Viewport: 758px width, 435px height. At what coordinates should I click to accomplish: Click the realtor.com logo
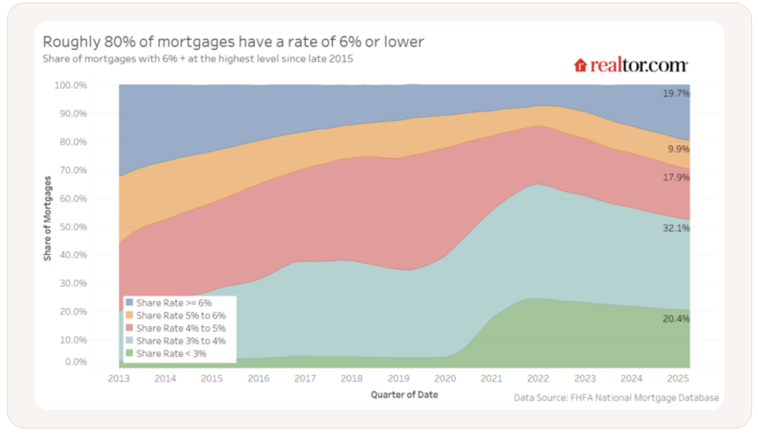point(631,65)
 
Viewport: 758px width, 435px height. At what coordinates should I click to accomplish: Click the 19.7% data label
point(676,93)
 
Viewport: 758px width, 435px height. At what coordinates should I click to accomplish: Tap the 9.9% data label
point(678,149)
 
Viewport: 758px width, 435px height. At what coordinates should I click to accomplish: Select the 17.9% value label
point(676,177)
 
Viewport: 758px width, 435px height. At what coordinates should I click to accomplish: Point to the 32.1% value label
point(676,228)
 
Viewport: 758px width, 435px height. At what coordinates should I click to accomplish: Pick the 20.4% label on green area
point(676,318)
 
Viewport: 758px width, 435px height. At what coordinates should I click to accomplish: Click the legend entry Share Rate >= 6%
point(173,303)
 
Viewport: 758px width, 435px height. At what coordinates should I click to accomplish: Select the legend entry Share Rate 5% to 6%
point(180,315)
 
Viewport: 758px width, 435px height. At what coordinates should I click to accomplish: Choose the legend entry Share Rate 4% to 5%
point(180,328)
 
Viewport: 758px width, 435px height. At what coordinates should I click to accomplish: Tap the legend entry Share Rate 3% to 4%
point(180,341)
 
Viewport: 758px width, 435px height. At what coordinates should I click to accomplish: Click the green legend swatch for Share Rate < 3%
point(129,353)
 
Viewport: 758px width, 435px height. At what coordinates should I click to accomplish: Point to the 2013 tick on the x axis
point(118,378)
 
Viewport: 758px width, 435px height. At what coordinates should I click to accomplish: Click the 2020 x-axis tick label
point(444,378)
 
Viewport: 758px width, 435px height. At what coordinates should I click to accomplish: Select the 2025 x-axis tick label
point(678,378)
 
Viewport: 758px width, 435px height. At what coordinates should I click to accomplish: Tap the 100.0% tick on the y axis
point(70,85)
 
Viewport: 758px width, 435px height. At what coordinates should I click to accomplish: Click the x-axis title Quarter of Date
point(404,394)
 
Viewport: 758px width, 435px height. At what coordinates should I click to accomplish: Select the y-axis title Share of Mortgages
point(47,218)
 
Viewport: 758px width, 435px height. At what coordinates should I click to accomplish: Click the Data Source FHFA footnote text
point(616,398)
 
